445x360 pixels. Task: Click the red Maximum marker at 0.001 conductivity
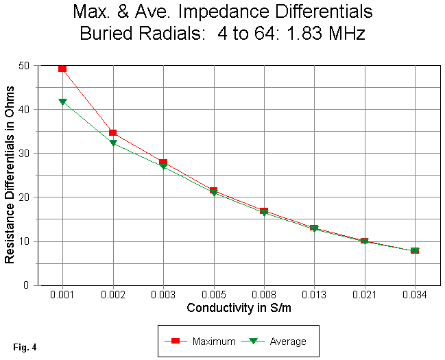(62, 68)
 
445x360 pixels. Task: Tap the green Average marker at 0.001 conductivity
(62, 101)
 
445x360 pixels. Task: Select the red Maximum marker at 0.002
(112, 132)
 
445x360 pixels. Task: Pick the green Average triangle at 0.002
(112, 143)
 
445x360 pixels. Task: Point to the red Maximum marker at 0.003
(163, 163)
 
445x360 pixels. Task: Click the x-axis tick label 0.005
(213, 296)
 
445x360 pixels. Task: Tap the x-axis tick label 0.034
(414, 296)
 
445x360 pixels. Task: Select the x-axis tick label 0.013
(314, 296)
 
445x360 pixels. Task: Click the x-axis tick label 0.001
(62, 296)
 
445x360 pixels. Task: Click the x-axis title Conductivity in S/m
(238, 309)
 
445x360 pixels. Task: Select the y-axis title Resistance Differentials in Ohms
(10, 175)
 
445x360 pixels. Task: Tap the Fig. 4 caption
(24, 347)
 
